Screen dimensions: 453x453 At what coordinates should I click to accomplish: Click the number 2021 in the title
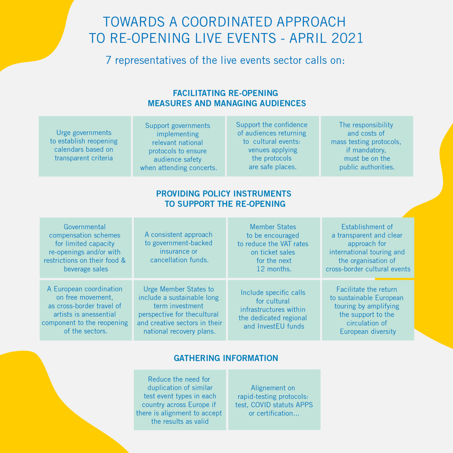coord(347,38)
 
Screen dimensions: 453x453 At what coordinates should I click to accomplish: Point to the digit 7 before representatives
coord(108,60)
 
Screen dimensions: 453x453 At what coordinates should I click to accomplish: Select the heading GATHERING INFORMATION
coord(226,358)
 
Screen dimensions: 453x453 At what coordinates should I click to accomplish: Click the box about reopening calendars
coord(85,146)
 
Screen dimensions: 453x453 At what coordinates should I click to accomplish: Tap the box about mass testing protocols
coord(367,146)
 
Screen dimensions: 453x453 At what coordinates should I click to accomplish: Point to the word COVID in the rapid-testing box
coord(262,405)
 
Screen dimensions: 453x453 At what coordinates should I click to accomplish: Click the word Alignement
coord(273,388)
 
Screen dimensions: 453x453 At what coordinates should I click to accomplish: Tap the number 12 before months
coord(260,269)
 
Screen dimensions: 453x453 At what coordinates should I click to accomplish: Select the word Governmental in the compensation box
coord(85,227)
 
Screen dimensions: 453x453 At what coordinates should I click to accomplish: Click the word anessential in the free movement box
coord(99,314)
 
